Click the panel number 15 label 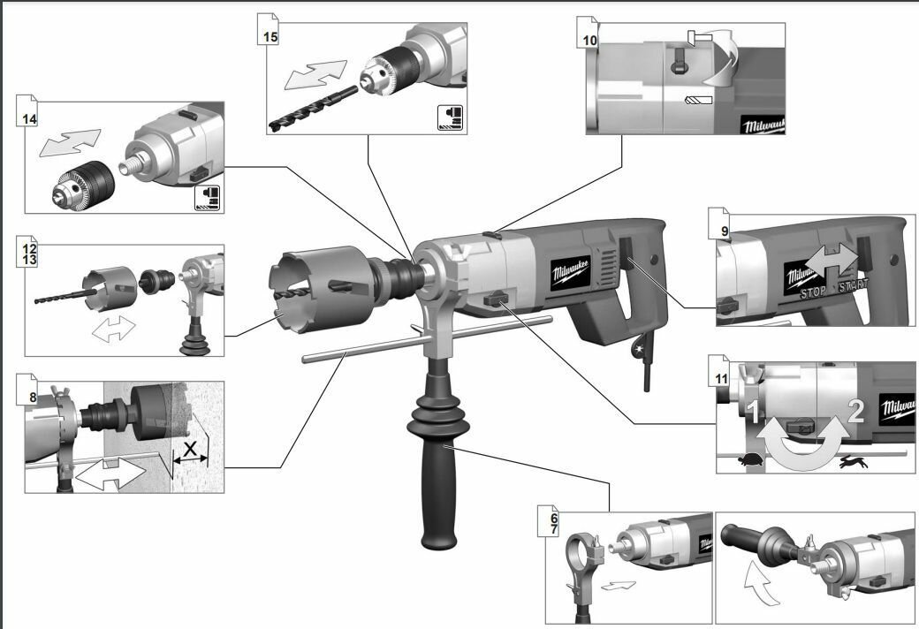(270, 36)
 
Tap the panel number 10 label (589, 41)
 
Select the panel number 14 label (29, 119)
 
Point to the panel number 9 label (725, 231)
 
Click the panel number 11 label (721, 379)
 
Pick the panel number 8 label (33, 398)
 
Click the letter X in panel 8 (190, 449)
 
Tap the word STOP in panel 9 (814, 292)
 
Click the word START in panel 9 (854, 286)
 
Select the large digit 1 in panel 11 (753, 411)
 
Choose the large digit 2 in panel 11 (855, 411)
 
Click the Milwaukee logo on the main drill (571, 273)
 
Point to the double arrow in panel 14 (70, 142)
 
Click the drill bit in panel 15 (313, 107)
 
